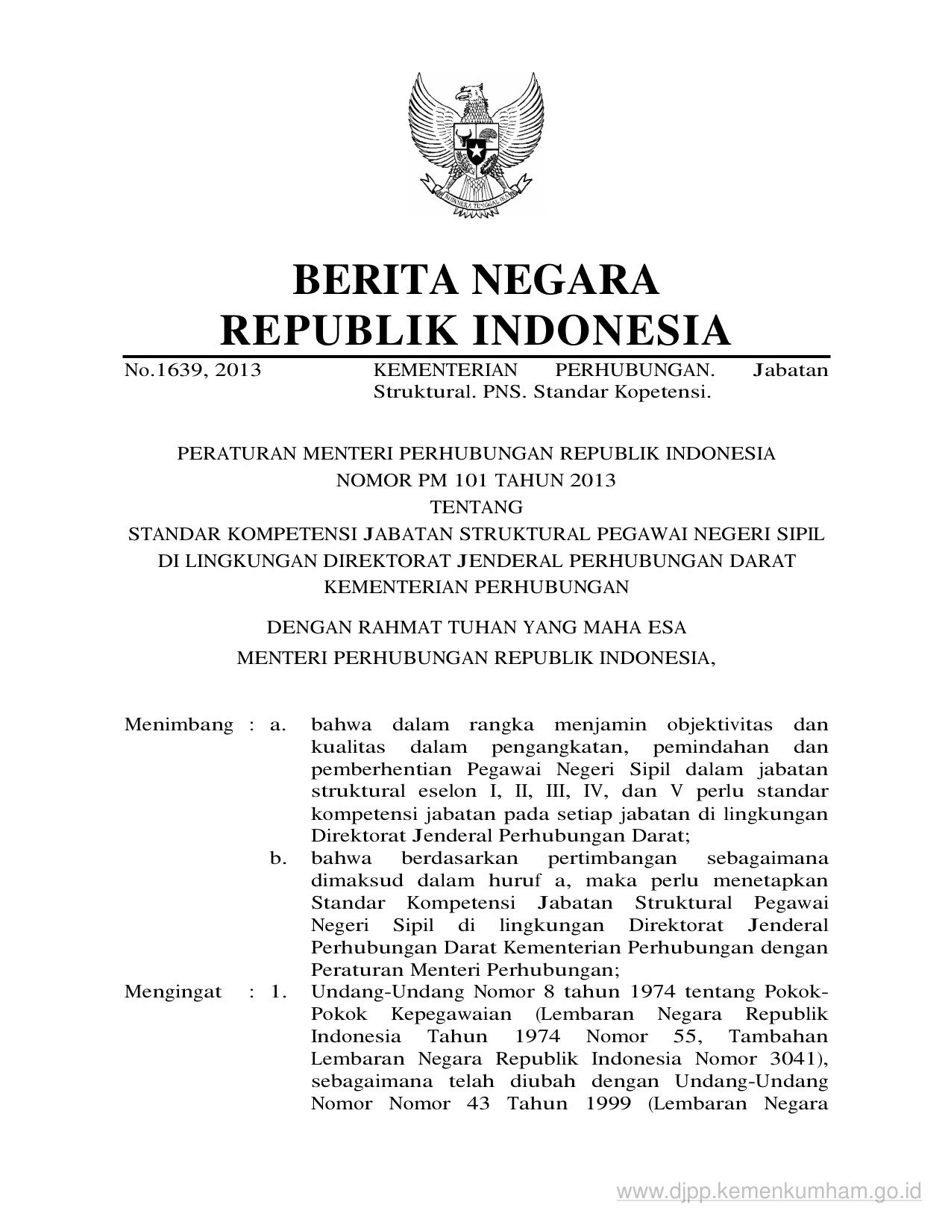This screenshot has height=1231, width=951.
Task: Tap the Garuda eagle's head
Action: pyautogui.click(x=472, y=96)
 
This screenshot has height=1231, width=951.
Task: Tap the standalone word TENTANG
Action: pyautogui.click(x=477, y=507)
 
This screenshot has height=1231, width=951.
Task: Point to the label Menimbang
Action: pyautogui.click(x=179, y=724)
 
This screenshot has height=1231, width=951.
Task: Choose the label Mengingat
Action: pyautogui.click(x=173, y=992)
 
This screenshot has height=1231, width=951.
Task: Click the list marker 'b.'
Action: pyautogui.click(x=279, y=859)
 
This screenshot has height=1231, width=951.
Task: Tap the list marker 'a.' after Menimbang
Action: pyautogui.click(x=278, y=724)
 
